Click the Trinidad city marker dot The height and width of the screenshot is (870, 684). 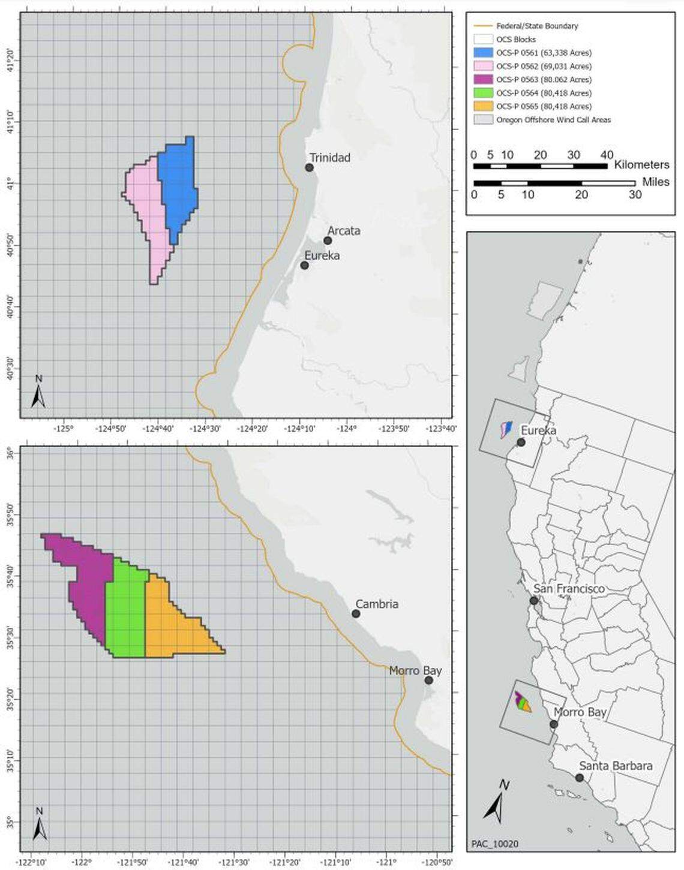pos(309,167)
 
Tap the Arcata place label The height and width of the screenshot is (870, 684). pos(344,231)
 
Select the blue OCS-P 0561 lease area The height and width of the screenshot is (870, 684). pos(179,186)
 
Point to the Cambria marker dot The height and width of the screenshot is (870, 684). pos(356,613)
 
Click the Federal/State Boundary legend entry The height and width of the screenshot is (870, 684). pos(536,26)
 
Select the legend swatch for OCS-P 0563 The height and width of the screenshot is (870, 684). pos(483,80)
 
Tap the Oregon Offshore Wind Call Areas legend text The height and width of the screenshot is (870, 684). pos(553,120)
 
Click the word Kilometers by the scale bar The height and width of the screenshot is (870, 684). pos(641,165)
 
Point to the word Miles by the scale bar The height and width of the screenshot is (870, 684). pos(655,182)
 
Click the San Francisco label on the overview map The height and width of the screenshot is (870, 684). pos(569,589)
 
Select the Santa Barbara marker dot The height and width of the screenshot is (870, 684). pos(580,778)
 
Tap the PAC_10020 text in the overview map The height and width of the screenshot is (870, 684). pos(495,844)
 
